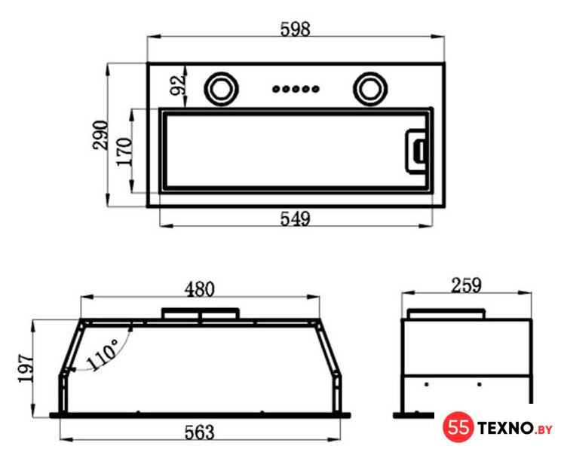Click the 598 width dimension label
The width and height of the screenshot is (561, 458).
point(295,29)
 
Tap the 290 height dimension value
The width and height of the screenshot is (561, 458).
point(100,135)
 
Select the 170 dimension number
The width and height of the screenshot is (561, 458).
point(124,151)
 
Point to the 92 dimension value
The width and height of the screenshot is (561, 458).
point(178,85)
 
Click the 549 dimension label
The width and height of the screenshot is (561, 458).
point(295,218)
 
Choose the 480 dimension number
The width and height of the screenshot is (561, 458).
point(200,289)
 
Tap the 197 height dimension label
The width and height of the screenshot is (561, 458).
point(26,368)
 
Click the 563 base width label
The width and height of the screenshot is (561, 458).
point(200,432)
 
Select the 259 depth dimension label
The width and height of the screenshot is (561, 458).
point(466,285)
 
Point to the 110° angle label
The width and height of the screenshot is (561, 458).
point(103,354)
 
